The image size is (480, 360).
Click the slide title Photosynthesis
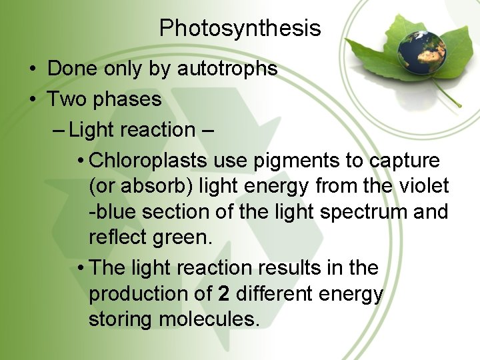point(240,28)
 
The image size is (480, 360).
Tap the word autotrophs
point(227,69)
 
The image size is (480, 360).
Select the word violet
point(424,187)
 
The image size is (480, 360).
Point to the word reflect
point(118,238)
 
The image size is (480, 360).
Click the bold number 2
point(223,294)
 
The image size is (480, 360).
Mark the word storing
point(121,319)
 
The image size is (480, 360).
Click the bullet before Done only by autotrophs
point(32,69)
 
